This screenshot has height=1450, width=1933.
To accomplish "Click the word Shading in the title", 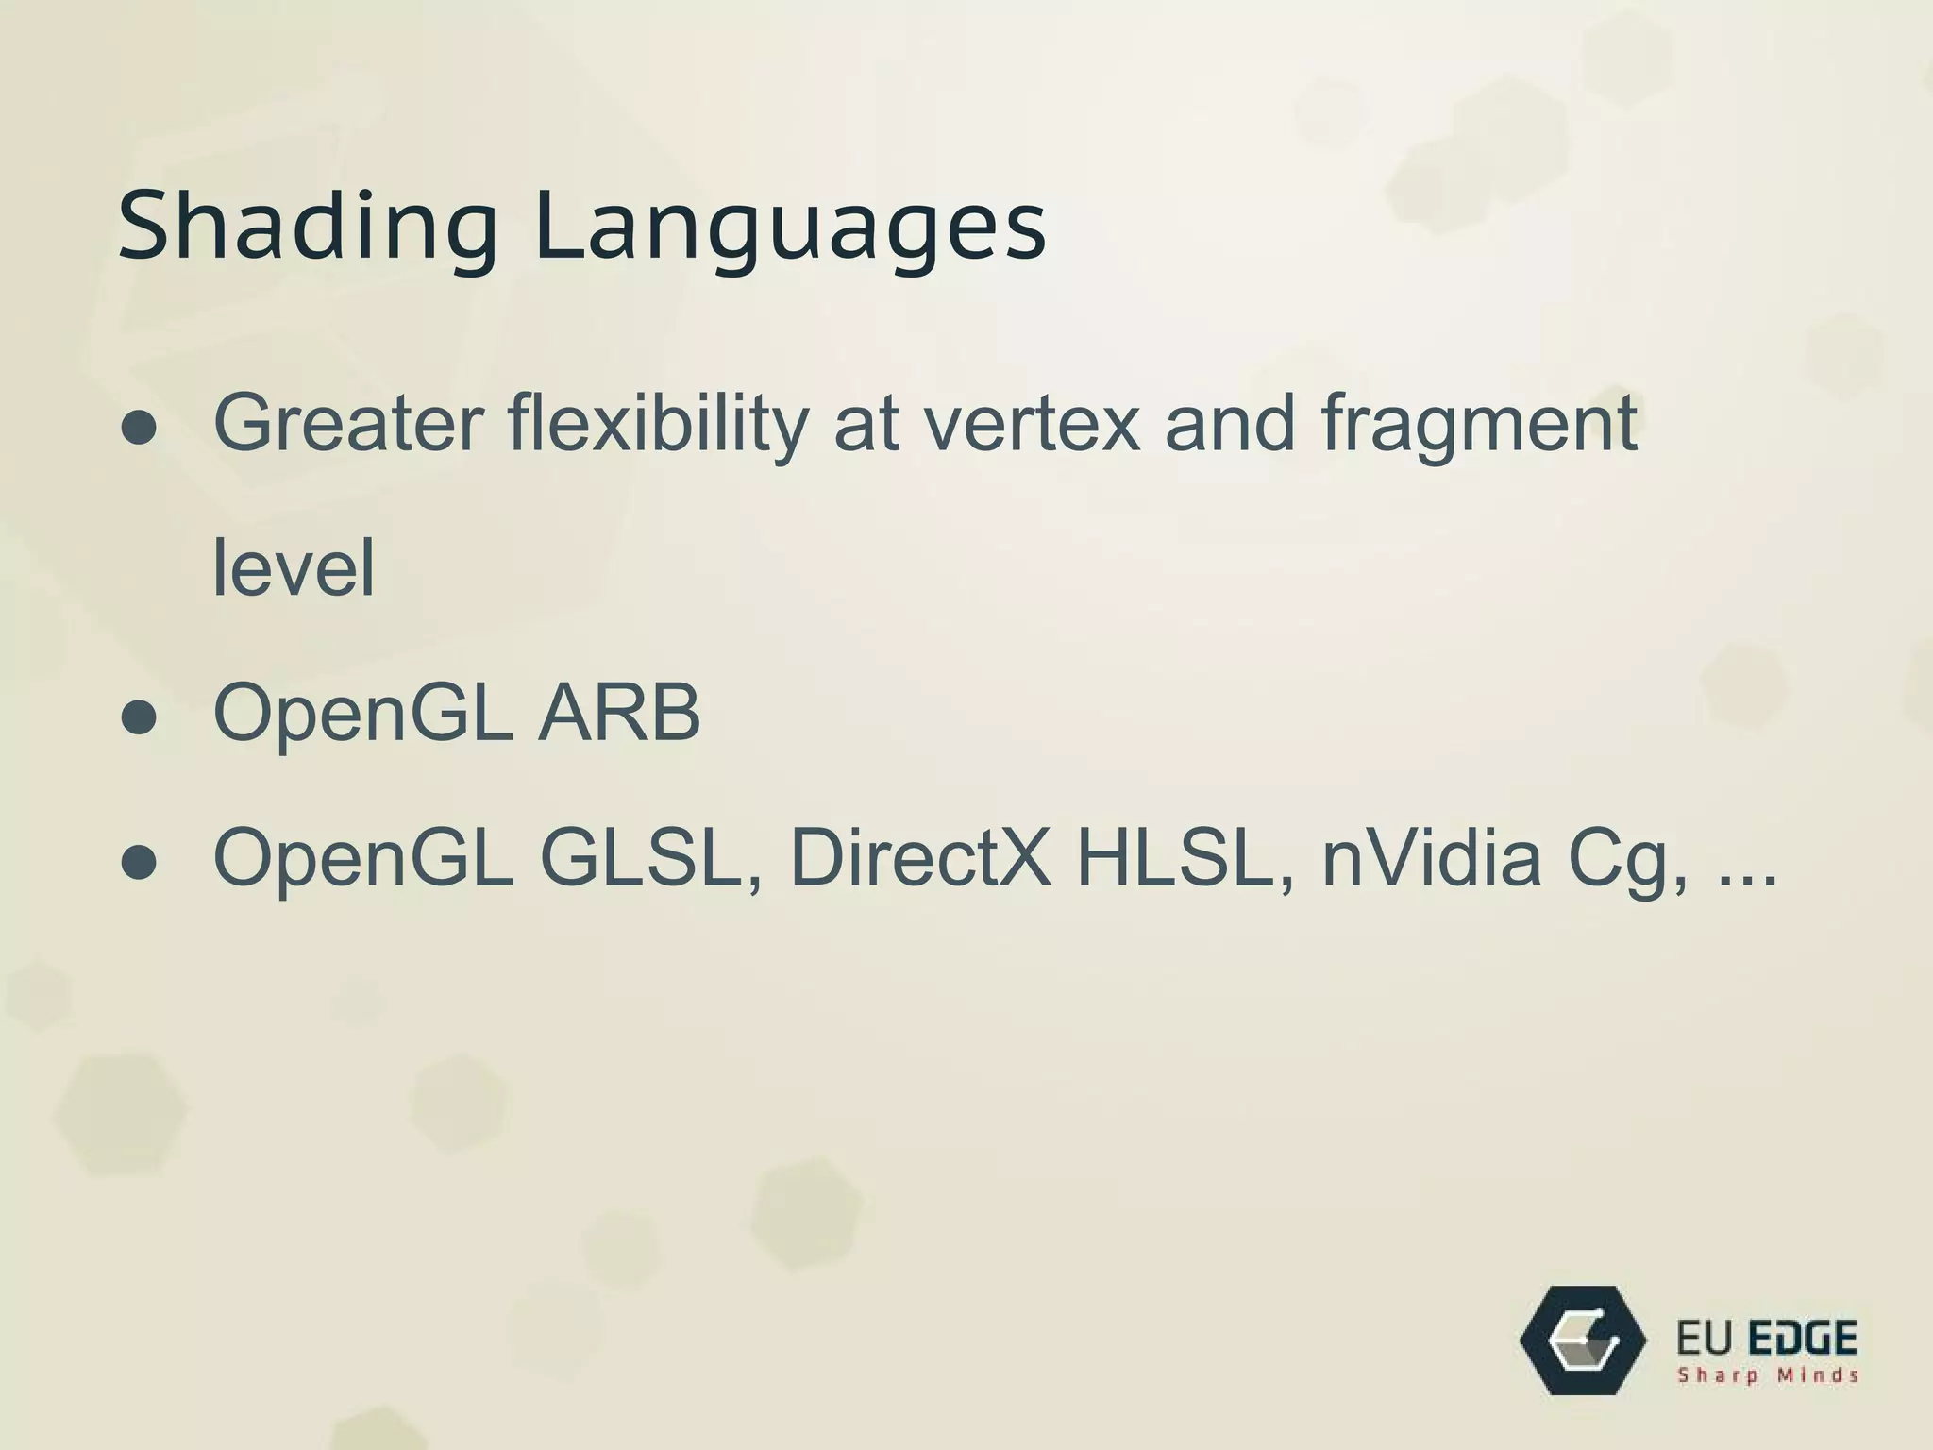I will coord(307,227).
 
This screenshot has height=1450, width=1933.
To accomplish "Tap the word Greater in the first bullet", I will coord(348,422).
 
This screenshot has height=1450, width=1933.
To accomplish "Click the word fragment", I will coord(1479,427).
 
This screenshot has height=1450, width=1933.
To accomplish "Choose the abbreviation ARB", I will coord(619,713).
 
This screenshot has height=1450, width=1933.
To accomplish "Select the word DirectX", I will coord(920,857).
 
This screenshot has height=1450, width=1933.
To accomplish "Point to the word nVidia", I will coord(1431,857).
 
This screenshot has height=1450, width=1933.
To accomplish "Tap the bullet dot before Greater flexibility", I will coord(140,429).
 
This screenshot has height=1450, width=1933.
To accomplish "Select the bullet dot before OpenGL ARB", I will coord(140,718).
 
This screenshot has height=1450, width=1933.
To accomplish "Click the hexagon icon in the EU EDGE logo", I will coord(1584,1340).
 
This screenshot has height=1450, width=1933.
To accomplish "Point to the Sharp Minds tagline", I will coord(1768,1375).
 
